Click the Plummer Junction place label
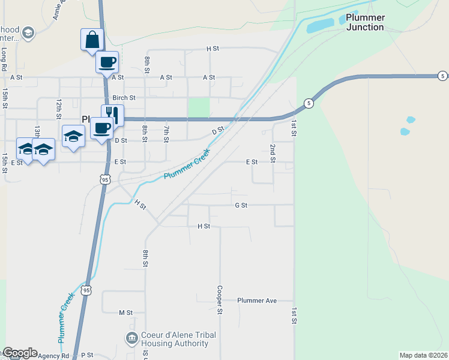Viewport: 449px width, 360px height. point(364,22)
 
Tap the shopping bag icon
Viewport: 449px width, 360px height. point(92,40)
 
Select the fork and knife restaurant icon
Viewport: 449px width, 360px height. point(112,114)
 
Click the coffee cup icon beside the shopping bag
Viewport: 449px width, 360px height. point(107,62)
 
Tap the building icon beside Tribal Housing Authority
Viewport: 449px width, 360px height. point(131,339)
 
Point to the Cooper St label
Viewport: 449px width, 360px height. point(220,299)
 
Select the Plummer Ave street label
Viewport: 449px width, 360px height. point(257,300)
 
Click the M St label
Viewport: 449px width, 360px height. point(125,313)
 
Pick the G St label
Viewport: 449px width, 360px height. point(241,205)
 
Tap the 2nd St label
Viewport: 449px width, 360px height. point(273,153)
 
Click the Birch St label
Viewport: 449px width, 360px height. point(124,98)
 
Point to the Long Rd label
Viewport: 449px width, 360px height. point(4,56)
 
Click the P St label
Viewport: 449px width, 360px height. point(87,355)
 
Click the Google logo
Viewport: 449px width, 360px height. point(19,353)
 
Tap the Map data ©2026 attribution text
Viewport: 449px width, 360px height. point(423,355)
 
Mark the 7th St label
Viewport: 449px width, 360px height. point(166,134)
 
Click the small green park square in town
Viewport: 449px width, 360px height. point(199,108)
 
